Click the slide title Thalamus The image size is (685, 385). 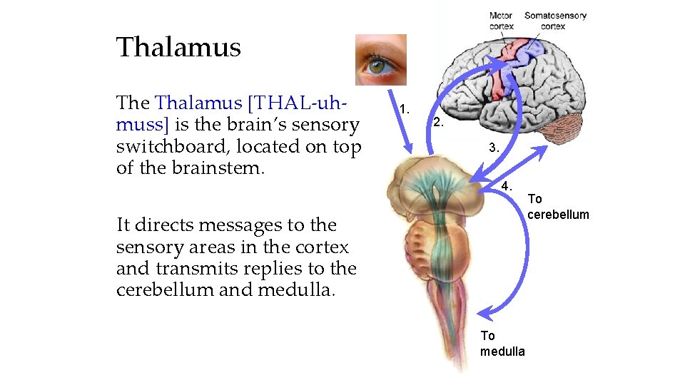[x=178, y=48]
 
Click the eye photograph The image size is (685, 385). [x=380, y=60]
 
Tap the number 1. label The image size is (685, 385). [x=405, y=109]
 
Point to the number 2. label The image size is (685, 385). [x=439, y=123]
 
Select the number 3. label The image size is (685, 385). [x=494, y=148]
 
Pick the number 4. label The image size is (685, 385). [x=507, y=185]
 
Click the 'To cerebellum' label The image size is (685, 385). [x=558, y=207]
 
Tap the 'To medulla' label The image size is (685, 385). [x=502, y=343]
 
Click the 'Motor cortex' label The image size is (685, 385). [x=501, y=21]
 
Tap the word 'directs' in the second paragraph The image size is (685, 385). [x=167, y=225]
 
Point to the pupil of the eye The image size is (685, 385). [x=377, y=66]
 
